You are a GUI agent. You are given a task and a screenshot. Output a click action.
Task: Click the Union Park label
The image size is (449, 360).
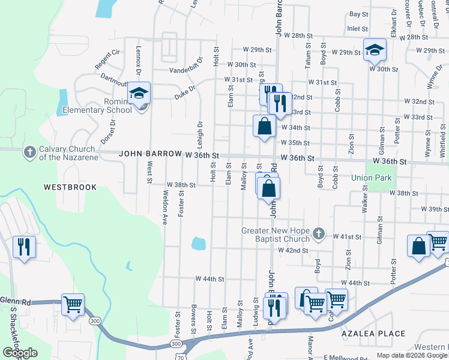click(x=371, y=178)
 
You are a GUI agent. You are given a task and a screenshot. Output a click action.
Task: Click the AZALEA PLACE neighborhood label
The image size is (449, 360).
click(x=373, y=333)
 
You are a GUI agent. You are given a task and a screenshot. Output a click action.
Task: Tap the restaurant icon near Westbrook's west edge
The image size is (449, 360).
click(x=24, y=246)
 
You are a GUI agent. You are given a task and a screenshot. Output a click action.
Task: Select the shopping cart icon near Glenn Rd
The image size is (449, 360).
click(x=73, y=304)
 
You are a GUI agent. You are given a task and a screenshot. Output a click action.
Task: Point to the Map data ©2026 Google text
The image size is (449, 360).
click(x=411, y=355)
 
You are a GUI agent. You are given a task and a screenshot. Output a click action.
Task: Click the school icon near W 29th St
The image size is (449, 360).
click(x=375, y=50)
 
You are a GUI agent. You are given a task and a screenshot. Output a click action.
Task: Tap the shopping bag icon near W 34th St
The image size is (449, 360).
click(x=264, y=126)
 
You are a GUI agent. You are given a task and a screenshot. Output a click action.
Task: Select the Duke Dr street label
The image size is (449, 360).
click(x=185, y=92)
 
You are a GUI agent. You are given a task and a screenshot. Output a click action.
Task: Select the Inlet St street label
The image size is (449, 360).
click(x=357, y=28)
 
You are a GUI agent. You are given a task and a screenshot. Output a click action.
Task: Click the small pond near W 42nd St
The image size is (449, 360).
click(x=199, y=244)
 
